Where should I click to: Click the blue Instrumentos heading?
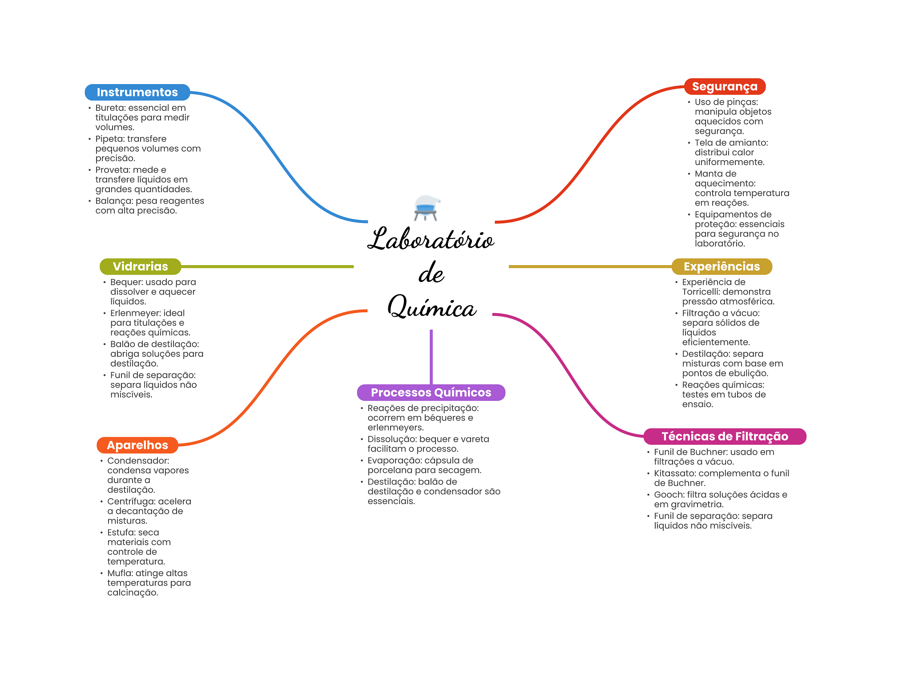(x=137, y=92)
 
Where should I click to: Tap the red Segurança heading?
(x=725, y=86)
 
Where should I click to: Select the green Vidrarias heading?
(x=141, y=266)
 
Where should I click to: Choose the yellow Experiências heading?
(x=722, y=266)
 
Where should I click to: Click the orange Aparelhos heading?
(x=137, y=445)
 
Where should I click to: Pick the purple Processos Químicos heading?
(x=431, y=392)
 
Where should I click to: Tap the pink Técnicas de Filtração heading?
(x=725, y=436)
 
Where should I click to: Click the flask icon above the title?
(x=426, y=208)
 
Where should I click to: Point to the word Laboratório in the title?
(x=431, y=239)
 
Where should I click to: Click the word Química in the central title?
(x=432, y=307)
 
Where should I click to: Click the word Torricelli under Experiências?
(x=700, y=292)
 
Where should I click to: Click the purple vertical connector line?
(x=431, y=357)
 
